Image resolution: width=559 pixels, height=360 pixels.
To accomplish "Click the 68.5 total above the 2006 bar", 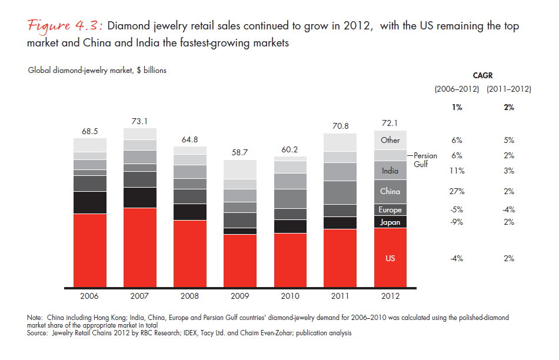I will (89, 130).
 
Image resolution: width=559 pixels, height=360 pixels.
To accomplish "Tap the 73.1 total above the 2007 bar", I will (140, 120).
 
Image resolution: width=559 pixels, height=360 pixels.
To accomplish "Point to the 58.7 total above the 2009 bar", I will (240, 152).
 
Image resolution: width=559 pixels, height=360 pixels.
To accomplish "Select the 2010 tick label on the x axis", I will (290, 296).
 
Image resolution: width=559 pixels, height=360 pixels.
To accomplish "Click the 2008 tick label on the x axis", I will (190, 296).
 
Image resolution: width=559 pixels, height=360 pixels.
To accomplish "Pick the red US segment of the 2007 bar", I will (140, 247).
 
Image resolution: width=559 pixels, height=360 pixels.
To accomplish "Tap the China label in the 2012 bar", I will (390, 191).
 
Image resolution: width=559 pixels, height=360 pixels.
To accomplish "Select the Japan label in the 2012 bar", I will (390, 222).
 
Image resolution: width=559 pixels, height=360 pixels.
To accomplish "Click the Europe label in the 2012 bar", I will (390, 210).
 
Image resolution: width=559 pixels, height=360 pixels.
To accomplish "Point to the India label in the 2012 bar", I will (390, 171).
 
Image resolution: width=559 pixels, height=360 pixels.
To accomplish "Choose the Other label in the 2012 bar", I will (390, 140).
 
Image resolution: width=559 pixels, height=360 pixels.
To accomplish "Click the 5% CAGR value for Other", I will (508, 140).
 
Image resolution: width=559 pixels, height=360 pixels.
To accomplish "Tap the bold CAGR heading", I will (483, 75).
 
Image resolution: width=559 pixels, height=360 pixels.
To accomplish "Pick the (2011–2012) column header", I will (508, 89).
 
